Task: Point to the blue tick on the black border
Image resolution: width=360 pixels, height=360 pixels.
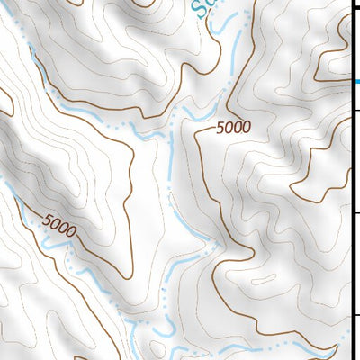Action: (356, 81)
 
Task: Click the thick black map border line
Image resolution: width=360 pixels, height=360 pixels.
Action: (351, 180)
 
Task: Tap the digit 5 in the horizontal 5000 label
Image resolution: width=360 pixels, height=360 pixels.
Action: (219, 130)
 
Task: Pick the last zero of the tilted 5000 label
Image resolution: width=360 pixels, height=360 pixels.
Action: (71, 231)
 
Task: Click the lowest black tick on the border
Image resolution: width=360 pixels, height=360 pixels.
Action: (355, 315)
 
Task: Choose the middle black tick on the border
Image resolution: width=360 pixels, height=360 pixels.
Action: (355, 211)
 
